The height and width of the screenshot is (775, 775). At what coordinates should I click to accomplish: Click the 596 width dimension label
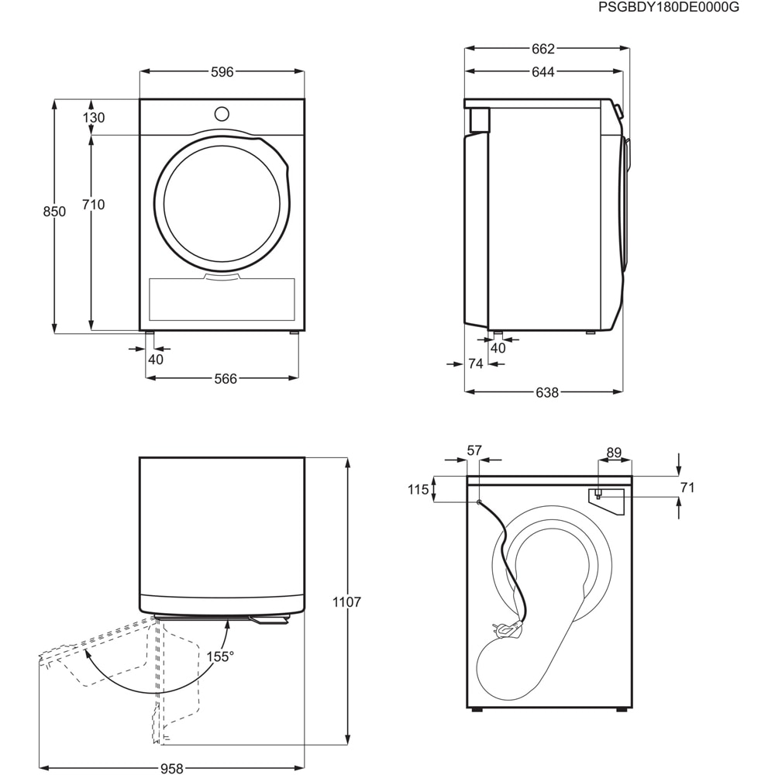coord(222,72)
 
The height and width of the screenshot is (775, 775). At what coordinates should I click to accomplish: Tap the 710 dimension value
coord(93,205)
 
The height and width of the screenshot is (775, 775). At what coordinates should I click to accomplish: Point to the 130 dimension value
coord(93,118)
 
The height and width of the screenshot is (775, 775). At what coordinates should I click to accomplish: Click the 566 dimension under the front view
coord(225,378)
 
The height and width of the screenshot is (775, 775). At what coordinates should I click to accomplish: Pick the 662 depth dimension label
coord(543,49)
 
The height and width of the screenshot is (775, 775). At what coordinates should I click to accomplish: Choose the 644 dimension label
coord(543,72)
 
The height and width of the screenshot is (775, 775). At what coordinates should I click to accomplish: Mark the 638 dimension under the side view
coord(547,392)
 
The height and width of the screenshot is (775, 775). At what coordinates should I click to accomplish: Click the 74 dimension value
coord(476,363)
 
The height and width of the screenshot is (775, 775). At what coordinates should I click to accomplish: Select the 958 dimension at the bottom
coord(172,768)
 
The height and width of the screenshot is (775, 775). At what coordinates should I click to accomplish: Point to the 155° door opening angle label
coord(220,656)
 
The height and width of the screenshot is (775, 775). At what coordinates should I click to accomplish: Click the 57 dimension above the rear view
coord(474,450)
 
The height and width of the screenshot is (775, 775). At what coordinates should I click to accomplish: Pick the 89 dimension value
coord(614,452)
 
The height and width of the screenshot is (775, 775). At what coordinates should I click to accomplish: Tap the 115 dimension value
coord(418,489)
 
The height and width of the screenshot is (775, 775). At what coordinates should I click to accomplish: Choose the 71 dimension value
coord(687,487)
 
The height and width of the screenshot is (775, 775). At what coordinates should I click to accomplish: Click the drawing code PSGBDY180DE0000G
coord(670,7)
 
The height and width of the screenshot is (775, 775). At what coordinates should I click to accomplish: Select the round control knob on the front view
coord(222,113)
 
